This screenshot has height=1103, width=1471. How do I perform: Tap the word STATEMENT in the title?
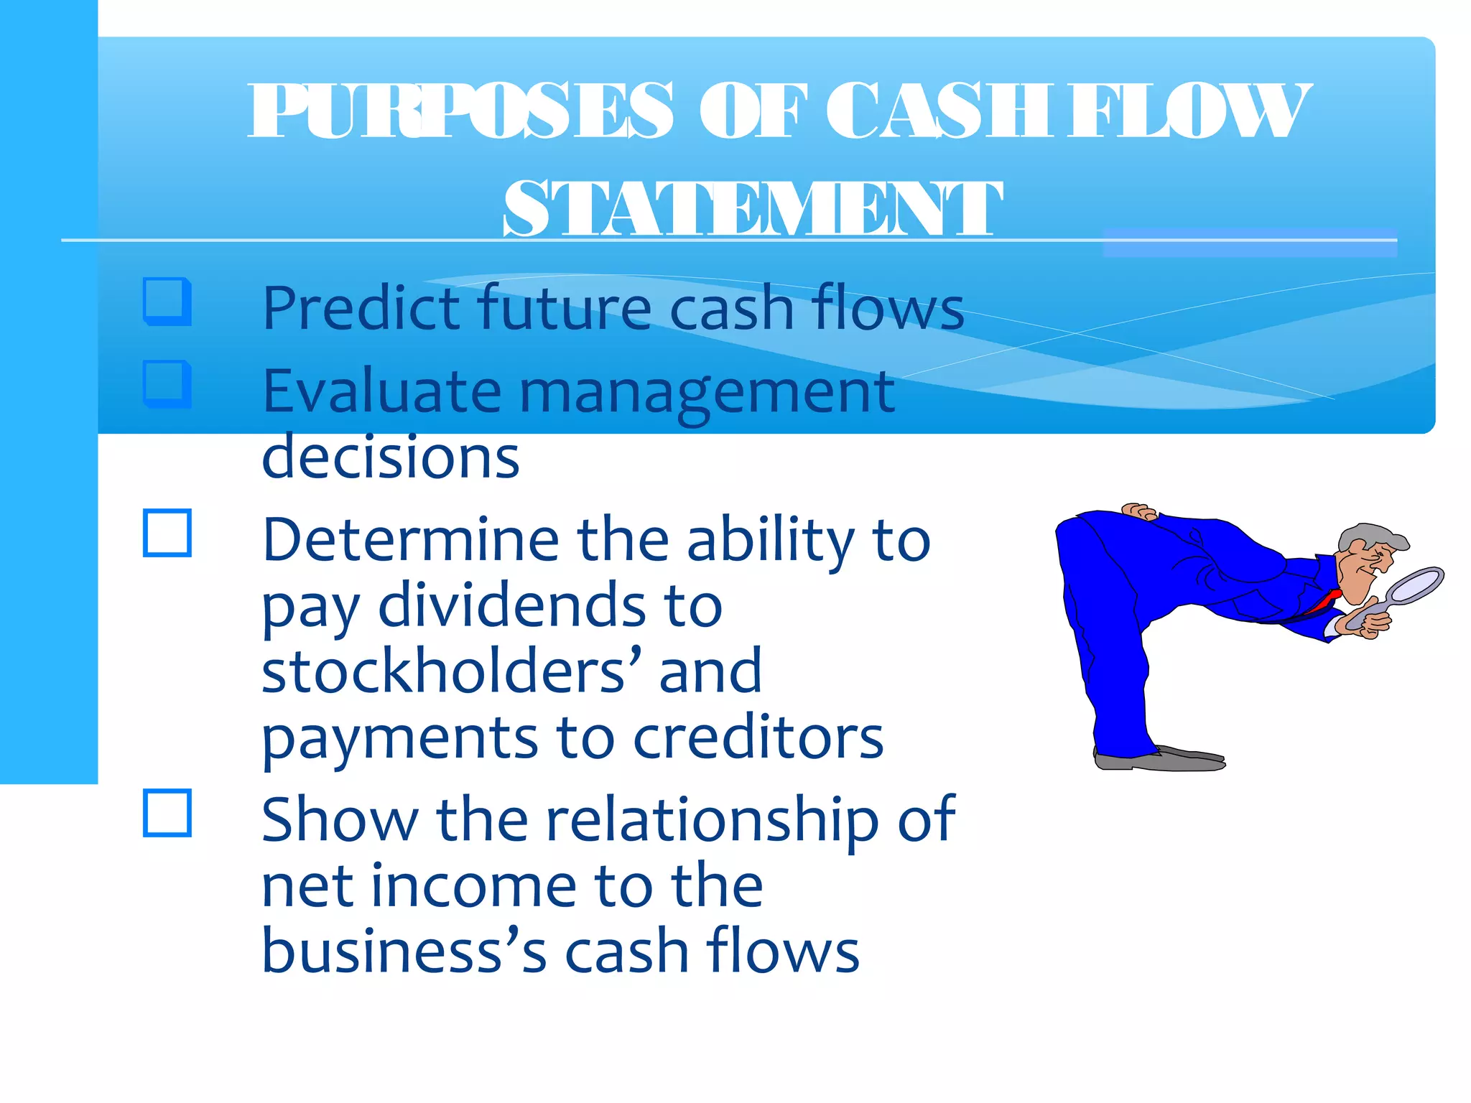pos(752,208)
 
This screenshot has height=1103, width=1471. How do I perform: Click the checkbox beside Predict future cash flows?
pos(167,301)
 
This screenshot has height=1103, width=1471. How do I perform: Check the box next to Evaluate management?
pos(167,383)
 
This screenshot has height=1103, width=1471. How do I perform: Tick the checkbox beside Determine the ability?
pos(167,533)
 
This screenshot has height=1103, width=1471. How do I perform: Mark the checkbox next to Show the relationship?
pos(167,813)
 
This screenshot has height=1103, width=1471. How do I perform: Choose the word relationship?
pos(712,820)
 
